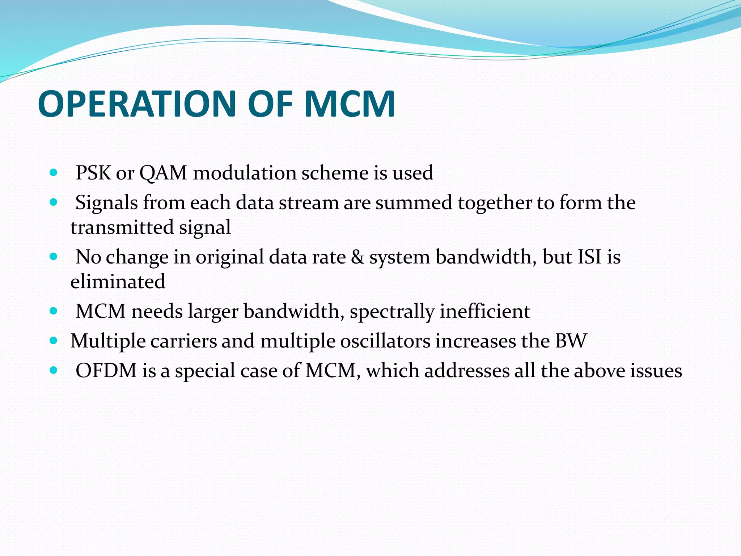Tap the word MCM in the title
[x=349, y=104]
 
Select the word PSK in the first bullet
[x=93, y=173]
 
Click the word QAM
[x=163, y=173]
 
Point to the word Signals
[x=106, y=202]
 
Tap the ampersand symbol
[x=357, y=257]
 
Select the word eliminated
[x=118, y=282]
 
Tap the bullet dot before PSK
[x=54, y=173]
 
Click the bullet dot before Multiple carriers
[x=54, y=341]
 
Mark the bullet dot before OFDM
[x=54, y=370]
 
